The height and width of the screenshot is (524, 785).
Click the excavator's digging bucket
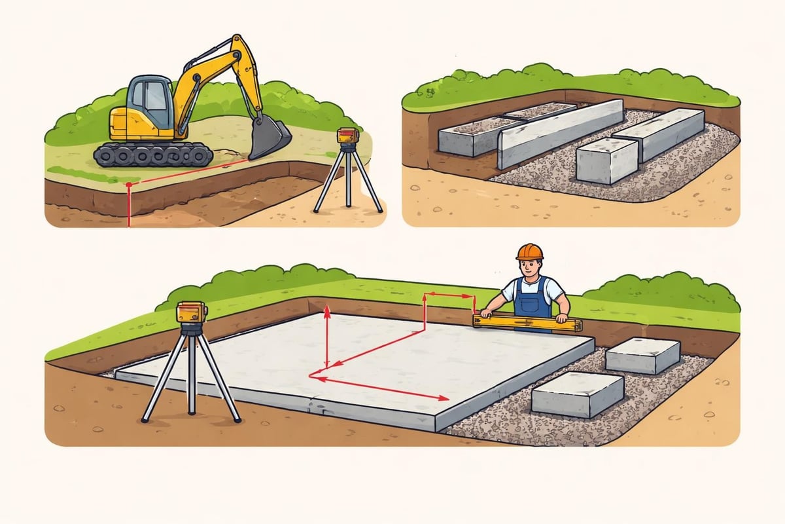(x=270, y=139)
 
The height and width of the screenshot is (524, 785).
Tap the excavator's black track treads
(x=153, y=155)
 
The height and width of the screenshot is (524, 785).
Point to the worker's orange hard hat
(x=529, y=252)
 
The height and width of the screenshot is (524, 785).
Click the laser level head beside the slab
(x=192, y=312)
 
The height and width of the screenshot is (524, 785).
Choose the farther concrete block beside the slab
(x=642, y=354)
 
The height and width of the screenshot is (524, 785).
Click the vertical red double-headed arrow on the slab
(x=326, y=341)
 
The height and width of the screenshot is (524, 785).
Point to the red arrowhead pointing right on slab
(x=444, y=398)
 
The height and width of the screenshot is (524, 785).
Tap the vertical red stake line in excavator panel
(x=129, y=206)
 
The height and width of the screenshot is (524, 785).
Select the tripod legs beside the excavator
(x=347, y=180)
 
